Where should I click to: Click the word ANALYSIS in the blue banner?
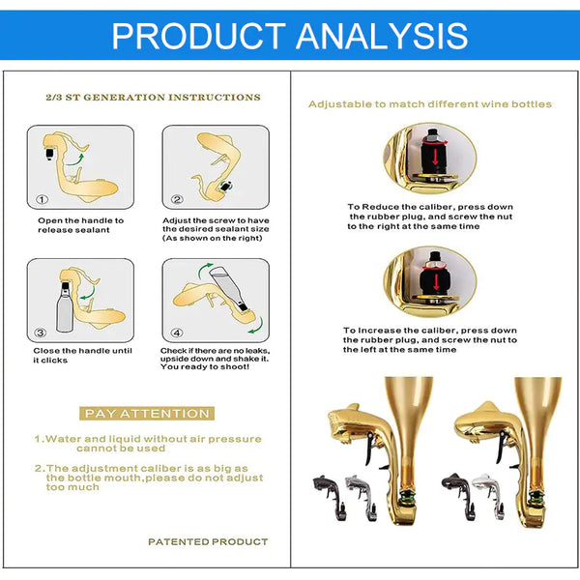pos(382,36)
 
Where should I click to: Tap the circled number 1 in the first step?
pos(42,200)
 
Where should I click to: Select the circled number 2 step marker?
pos(177,200)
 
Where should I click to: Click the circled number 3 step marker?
pos(40,333)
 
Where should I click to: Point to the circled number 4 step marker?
pos(177,333)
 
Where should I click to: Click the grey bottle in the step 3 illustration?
pos(65,307)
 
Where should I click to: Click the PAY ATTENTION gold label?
pos(147,413)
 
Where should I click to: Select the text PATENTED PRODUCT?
pos(208,542)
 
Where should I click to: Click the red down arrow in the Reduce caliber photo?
pos(435,157)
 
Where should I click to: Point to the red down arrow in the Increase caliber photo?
pos(436,281)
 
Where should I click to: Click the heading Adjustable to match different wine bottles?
pos(430,104)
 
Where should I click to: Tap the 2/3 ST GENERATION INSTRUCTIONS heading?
pos(153,98)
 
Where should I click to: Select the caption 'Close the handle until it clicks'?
pos(82,356)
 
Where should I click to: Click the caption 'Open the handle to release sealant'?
pos(80,225)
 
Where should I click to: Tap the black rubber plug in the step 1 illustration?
pos(49,153)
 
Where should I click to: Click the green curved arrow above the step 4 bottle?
pos(204,270)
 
